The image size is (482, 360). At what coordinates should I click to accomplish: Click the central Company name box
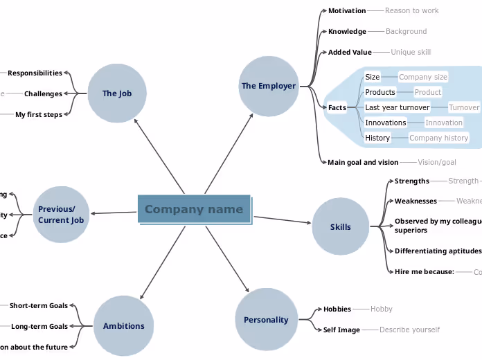coord(194,209)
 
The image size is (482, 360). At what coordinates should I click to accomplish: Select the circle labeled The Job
coord(117,93)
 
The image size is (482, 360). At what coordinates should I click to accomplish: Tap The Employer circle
coord(269,86)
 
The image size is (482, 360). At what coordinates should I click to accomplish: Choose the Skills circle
coord(341,226)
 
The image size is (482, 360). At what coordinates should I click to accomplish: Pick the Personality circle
coord(266,320)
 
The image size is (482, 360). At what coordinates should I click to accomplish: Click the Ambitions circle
coord(124,326)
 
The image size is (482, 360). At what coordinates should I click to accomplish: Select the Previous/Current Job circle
coord(61,215)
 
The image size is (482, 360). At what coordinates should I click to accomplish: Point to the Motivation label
coord(347,10)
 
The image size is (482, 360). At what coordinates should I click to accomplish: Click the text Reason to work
coord(411,10)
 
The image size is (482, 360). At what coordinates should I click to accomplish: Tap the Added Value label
coord(350,52)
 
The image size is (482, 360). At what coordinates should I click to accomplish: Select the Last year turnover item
coord(397,107)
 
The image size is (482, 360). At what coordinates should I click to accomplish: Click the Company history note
coord(438,138)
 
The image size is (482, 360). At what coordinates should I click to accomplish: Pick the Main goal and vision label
coord(363,163)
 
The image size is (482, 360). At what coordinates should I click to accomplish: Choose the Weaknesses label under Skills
coord(416,201)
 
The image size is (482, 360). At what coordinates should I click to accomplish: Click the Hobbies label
coord(337,309)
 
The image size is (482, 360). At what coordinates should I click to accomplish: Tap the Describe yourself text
coord(409,330)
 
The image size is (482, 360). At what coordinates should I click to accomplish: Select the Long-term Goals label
coord(39,326)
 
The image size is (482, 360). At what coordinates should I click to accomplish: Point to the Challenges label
coord(43,93)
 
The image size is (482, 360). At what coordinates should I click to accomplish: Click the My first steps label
coord(39,114)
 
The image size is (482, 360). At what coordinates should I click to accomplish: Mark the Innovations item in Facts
coord(386,123)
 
